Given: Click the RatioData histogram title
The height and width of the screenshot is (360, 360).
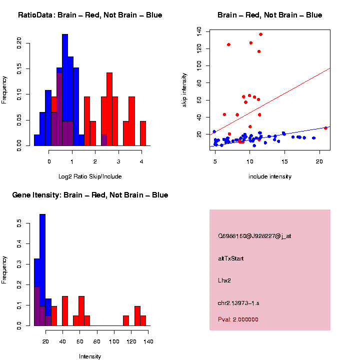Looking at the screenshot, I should [90, 15].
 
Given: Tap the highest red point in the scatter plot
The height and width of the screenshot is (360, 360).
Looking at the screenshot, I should [260, 34].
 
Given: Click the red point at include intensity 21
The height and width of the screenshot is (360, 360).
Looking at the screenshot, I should [325, 128].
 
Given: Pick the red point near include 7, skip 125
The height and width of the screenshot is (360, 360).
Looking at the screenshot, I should [228, 44].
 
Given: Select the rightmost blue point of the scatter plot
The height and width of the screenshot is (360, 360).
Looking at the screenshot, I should [313, 138].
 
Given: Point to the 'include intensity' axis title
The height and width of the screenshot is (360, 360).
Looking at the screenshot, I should [270, 176].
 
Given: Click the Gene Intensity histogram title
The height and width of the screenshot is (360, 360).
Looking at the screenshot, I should [90, 195].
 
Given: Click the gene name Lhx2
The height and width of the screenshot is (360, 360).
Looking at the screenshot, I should [224, 280].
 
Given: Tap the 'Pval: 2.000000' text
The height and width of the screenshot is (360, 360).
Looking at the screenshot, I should [238, 319].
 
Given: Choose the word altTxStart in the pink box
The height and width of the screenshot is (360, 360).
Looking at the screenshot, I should [231, 258].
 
